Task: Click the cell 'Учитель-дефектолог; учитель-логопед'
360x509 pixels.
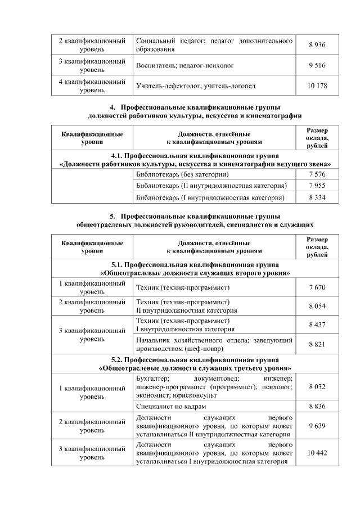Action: click(196, 86)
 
